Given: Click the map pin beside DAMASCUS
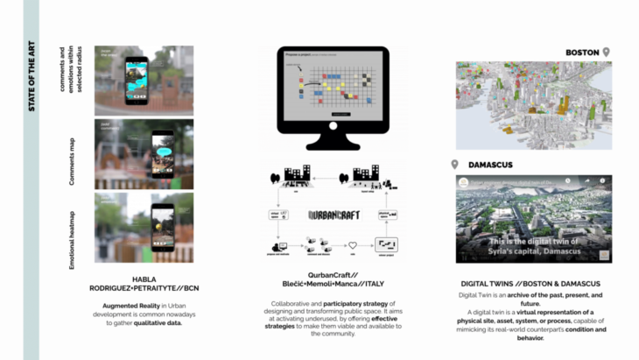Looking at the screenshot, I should (x=454, y=164).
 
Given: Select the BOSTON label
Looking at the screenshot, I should (x=582, y=53).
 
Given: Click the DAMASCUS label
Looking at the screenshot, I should (x=491, y=164).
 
